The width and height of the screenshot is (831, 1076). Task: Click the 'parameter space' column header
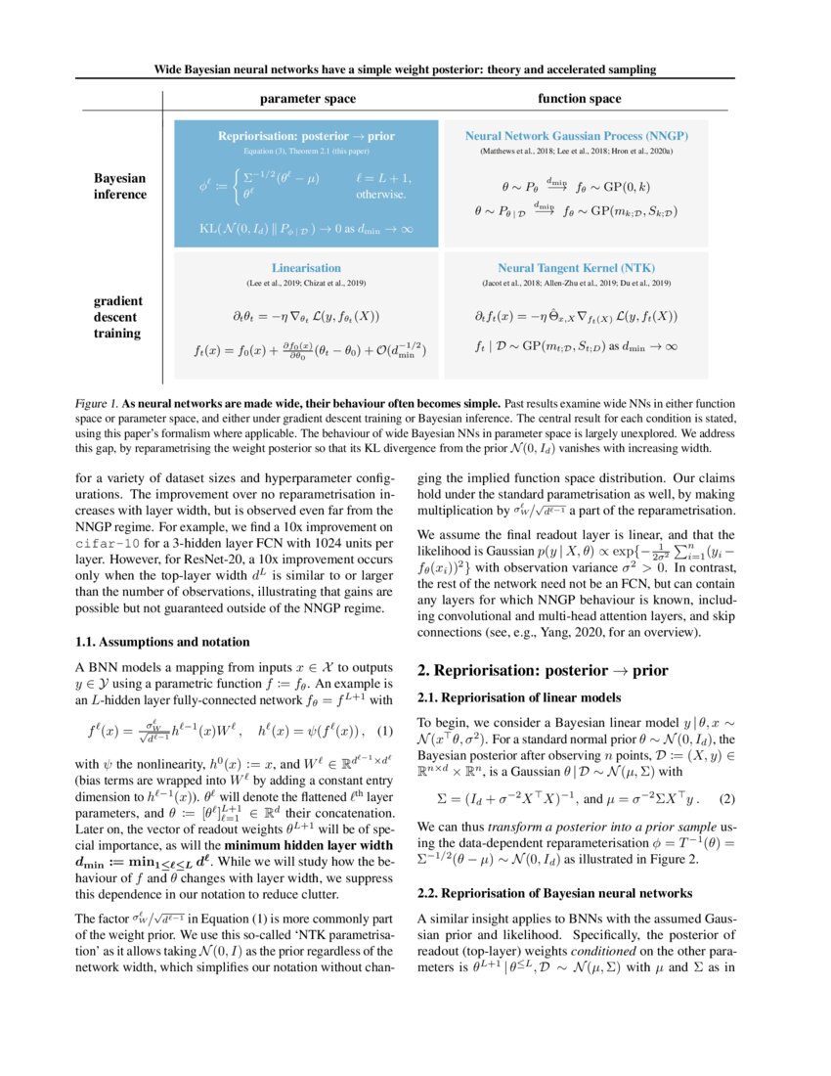(307, 99)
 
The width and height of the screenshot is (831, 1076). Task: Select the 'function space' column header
(579, 99)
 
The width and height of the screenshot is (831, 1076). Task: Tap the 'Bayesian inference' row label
(120, 186)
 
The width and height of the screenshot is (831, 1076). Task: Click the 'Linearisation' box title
(306, 267)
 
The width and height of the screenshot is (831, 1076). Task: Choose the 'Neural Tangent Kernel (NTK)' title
(575, 267)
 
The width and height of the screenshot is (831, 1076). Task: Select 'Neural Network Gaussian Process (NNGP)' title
(575, 136)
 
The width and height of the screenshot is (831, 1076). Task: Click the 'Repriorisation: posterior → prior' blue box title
(307, 136)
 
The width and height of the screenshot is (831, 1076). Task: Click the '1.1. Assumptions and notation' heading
(162, 642)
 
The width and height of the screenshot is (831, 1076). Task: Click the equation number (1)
(385, 732)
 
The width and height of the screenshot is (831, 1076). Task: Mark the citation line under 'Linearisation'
(306, 283)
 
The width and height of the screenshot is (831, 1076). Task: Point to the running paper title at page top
(405, 69)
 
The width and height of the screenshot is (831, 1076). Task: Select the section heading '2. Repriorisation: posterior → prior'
(543, 671)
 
